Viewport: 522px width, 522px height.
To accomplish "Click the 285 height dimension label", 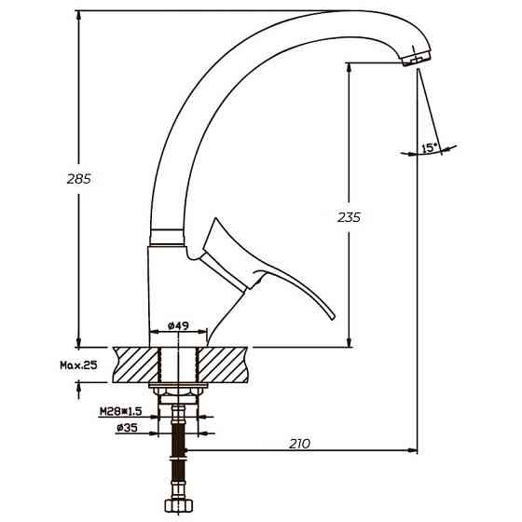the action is [x=79, y=179].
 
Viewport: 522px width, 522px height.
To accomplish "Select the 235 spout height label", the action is [x=349, y=217].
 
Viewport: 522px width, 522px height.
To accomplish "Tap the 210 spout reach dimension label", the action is [x=299, y=444].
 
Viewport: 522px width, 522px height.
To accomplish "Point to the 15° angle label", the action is [x=430, y=148].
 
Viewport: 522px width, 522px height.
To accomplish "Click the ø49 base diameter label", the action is [x=178, y=325].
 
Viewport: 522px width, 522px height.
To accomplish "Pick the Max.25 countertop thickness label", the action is [x=78, y=365].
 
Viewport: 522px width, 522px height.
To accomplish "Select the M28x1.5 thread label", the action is [x=121, y=412].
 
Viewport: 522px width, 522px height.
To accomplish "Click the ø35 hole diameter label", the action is [x=127, y=428].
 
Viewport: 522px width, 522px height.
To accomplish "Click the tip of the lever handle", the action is [x=333, y=318].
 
